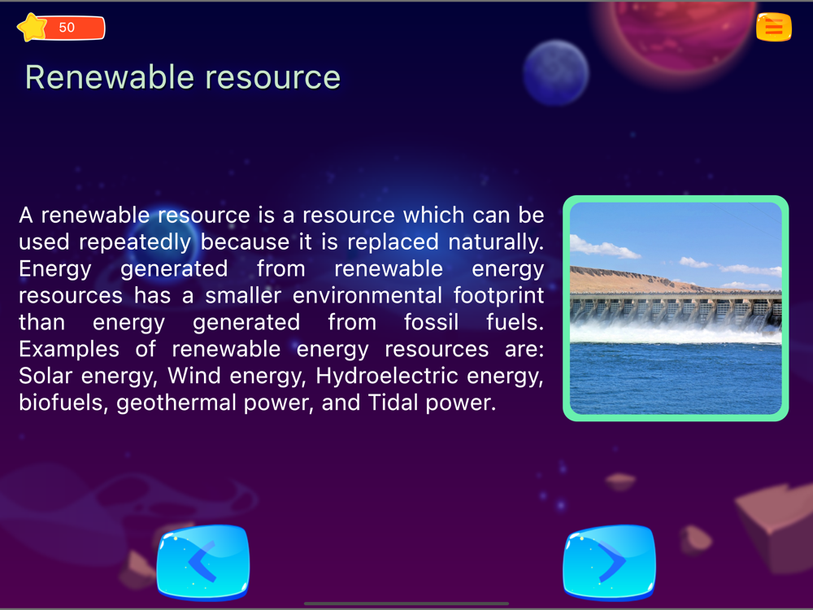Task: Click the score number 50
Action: tap(67, 28)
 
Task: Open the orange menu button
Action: tap(774, 27)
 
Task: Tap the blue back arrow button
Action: tap(203, 562)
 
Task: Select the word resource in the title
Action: tap(273, 79)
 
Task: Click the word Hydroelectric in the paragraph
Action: tap(387, 376)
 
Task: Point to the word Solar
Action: tap(46, 376)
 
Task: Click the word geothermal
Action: tap(176, 403)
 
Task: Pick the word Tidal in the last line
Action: tap(393, 403)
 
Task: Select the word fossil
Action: tap(432, 322)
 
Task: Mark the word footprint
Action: tap(499, 296)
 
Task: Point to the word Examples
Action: tap(69, 349)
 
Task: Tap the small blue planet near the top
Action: tap(556, 72)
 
